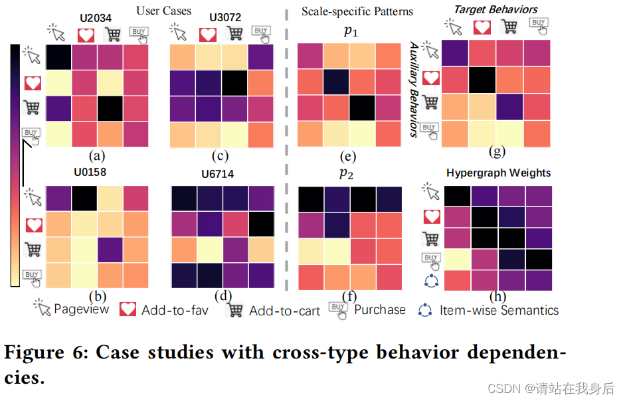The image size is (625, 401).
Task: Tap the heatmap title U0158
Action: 90,173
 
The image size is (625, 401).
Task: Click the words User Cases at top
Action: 163,11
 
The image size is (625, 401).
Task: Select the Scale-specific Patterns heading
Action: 357,11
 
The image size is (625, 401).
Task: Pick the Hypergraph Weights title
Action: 498,173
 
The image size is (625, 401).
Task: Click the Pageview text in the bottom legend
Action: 81,309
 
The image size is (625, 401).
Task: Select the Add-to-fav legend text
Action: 175,310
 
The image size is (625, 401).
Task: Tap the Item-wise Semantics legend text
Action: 499,310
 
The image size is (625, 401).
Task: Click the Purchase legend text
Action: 379,309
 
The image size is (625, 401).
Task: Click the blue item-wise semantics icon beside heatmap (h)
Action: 431,280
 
